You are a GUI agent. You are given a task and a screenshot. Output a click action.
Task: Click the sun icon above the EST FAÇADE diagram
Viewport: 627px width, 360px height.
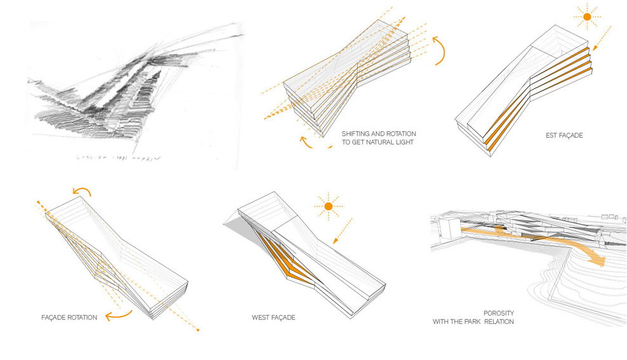coord(586,17)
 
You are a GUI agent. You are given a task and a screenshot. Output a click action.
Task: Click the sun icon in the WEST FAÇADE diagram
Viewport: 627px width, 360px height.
coord(328,206)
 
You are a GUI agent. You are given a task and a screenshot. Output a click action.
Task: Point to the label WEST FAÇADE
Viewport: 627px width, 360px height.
coord(274,316)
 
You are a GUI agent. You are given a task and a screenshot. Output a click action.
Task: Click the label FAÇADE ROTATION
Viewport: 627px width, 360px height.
coord(66,317)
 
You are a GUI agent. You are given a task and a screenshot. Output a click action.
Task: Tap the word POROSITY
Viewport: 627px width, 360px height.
coord(498,313)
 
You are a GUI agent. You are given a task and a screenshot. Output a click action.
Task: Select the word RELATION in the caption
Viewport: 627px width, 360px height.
coord(499,322)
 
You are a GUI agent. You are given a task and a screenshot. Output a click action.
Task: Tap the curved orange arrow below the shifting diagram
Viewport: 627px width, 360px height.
coord(313,142)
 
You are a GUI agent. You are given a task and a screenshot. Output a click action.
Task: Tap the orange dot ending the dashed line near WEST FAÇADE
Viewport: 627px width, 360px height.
coord(198,330)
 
